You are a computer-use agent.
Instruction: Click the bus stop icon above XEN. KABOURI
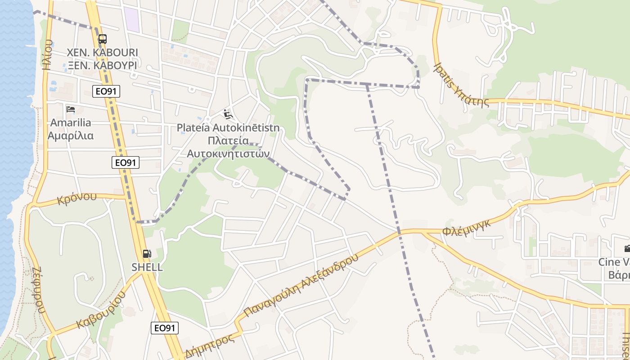102,39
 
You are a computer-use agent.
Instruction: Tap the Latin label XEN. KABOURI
102,52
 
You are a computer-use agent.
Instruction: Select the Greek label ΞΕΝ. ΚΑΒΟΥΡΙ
102,65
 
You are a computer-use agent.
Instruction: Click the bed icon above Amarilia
71,109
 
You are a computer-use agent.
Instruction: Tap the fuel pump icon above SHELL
147,254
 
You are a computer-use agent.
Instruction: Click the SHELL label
147,267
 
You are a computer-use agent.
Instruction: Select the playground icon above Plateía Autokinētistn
228,115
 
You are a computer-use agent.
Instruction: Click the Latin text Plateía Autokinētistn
228,128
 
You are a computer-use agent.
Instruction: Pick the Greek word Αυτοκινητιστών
228,153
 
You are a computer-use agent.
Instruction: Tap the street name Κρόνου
77,198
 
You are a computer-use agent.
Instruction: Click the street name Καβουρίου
101,310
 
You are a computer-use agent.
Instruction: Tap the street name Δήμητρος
210,346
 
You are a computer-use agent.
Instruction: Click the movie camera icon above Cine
627,248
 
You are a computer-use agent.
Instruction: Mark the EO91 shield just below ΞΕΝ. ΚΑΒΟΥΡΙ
107,91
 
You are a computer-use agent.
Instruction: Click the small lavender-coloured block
131,19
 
